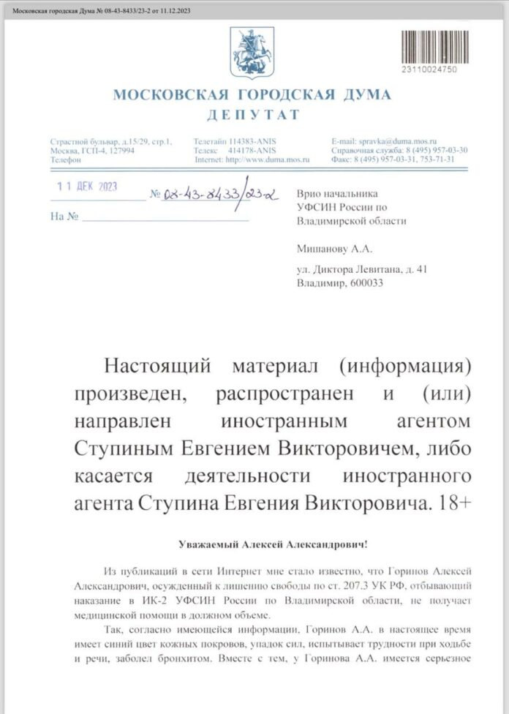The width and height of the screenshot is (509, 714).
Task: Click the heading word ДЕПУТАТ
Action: [253, 115]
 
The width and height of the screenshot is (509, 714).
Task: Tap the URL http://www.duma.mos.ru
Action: [268, 159]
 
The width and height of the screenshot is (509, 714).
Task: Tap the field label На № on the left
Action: [64, 217]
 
